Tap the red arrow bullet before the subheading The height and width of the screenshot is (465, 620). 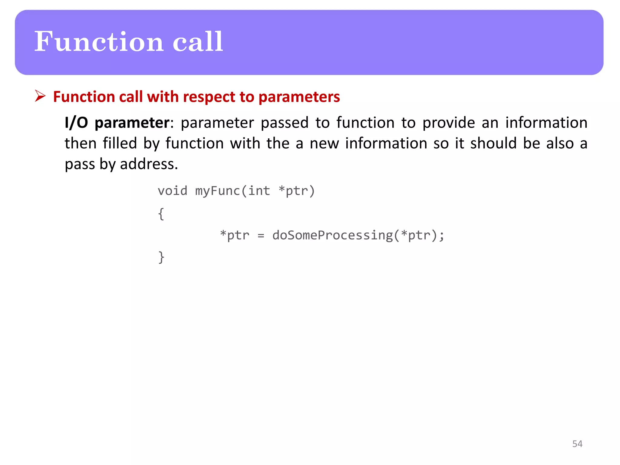point(40,96)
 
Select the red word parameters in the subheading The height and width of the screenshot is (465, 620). point(299,97)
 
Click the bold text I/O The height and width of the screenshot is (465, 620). point(76,123)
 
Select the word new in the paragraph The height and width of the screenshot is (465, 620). point(324,143)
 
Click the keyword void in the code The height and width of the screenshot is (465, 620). point(173,191)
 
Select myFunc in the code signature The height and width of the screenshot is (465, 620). point(218,191)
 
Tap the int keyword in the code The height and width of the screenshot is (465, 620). point(259,191)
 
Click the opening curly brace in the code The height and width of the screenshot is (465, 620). point(161,214)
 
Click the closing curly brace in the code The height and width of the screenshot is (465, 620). point(161,258)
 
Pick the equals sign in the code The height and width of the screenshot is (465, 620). point(261,236)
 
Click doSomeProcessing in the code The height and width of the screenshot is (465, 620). point(332,236)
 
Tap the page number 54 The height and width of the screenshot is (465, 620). point(577,444)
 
